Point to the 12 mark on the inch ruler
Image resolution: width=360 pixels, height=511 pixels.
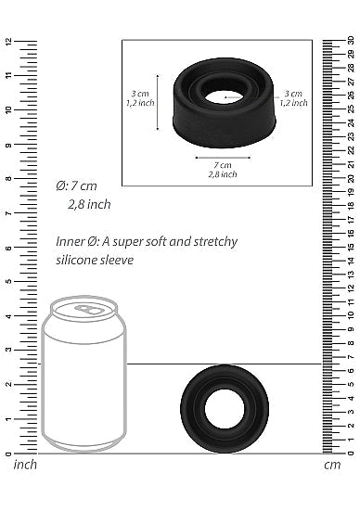[7, 42]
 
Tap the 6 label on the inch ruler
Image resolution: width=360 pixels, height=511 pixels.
[7, 248]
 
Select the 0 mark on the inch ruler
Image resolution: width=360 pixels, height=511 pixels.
[7, 454]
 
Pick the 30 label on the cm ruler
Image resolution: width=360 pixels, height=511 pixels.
[350, 41]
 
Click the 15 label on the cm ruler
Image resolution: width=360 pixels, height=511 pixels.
[350, 248]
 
